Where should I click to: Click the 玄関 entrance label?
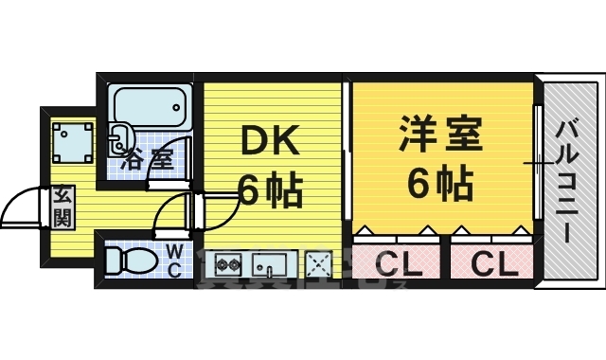click(62, 207)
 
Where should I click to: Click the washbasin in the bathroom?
click(121, 138)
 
